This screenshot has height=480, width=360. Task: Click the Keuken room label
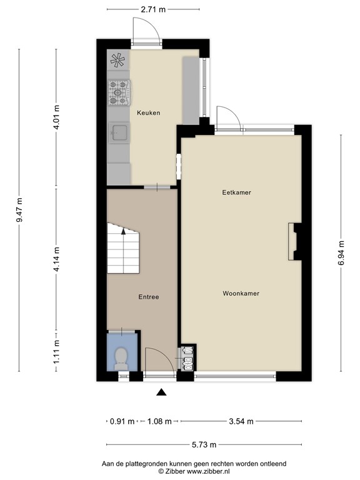(x=149, y=112)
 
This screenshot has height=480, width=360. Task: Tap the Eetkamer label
(x=237, y=192)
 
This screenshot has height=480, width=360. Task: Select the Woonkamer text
(x=241, y=294)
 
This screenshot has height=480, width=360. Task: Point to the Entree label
(x=149, y=297)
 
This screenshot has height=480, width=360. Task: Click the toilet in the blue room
(x=121, y=359)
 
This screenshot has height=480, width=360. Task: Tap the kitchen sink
(x=120, y=132)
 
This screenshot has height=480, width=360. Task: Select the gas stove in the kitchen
(x=119, y=92)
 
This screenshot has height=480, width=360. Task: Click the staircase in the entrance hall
(x=123, y=248)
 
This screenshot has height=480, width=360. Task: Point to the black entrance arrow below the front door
(x=161, y=392)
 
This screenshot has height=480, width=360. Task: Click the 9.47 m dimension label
(x=19, y=211)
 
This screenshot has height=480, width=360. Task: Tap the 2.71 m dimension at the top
(x=153, y=9)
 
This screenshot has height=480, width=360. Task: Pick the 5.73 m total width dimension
(x=204, y=444)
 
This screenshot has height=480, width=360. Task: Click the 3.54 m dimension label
(x=241, y=421)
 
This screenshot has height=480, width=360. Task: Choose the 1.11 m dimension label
(x=56, y=352)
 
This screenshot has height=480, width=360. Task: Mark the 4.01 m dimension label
(x=56, y=117)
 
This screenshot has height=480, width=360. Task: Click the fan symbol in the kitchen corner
(x=118, y=60)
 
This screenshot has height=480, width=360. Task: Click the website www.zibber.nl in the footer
(x=209, y=472)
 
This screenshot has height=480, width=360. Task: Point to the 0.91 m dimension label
(x=122, y=421)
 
